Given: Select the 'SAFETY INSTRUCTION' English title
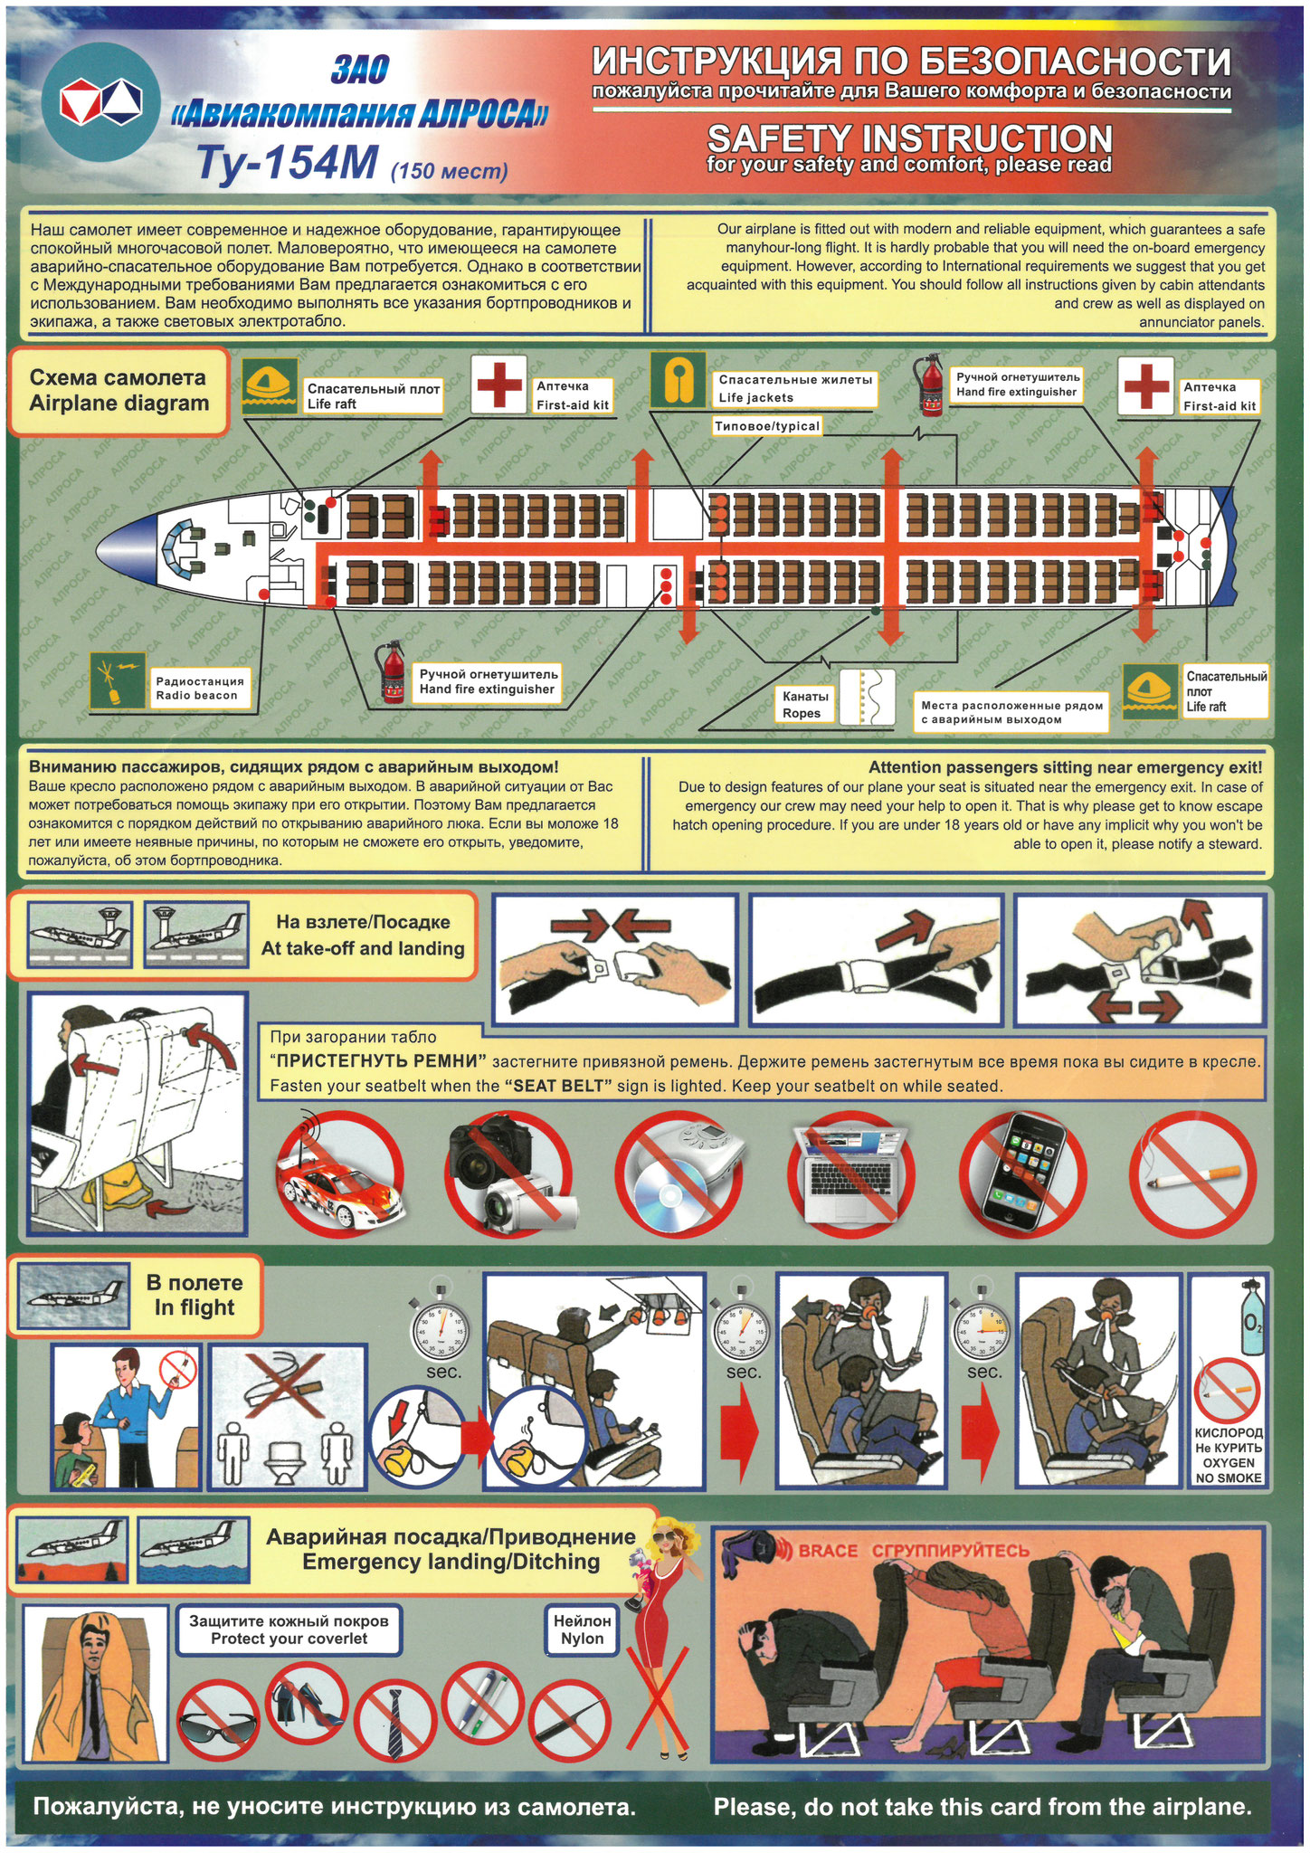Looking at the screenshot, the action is coord(909,138).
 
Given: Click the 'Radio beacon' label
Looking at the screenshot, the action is coord(196,695).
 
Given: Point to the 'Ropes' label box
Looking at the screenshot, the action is coord(804,704).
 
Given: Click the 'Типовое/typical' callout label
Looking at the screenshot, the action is coord(767,426).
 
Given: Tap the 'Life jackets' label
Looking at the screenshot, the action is coord(756,397).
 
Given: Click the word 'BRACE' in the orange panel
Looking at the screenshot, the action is coord(827,1551).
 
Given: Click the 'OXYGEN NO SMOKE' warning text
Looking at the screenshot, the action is coord(1229,1470).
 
